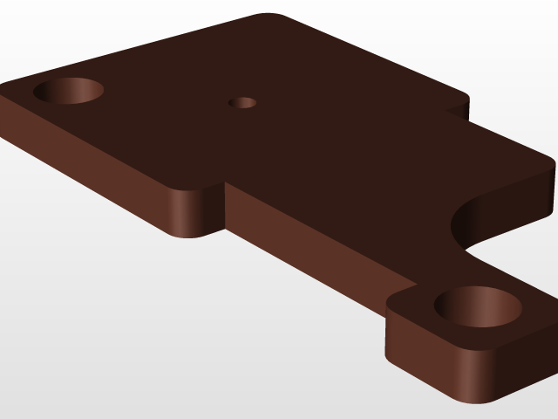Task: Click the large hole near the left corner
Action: point(69,91)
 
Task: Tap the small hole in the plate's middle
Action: point(242,103)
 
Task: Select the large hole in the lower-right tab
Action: point(478,306)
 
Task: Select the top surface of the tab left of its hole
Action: point(414,301)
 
